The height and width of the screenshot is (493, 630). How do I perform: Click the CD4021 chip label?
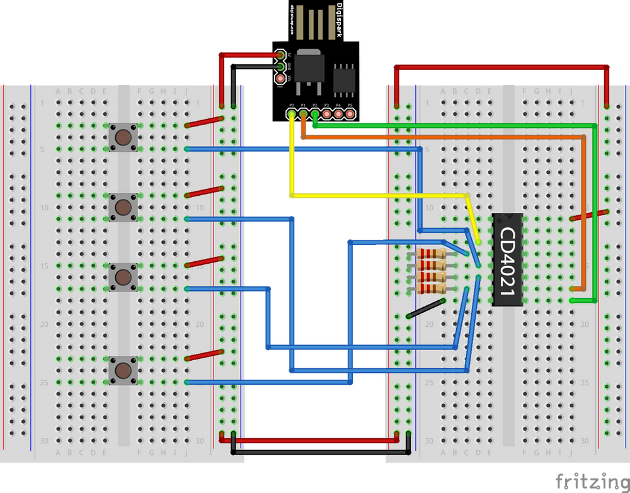[508, 260]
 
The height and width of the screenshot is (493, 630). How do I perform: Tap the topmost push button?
[123, 137]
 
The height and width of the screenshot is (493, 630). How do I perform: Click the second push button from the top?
[123, 207]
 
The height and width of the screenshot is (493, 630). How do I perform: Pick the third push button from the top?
[123, 276]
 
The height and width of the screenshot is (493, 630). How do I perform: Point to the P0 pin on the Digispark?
[291, 114]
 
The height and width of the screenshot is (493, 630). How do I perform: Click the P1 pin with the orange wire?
[303, 114]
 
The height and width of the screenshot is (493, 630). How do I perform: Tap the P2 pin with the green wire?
[314, 114]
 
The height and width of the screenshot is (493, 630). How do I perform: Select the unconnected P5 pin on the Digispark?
[350, 114]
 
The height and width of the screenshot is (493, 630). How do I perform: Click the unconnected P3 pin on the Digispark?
[326, 114]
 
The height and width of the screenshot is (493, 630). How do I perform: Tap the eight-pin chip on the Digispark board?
[345, 76]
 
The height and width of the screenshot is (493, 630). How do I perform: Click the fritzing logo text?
[590, 480]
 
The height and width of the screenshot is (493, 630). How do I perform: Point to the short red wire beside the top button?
[205, 122]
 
